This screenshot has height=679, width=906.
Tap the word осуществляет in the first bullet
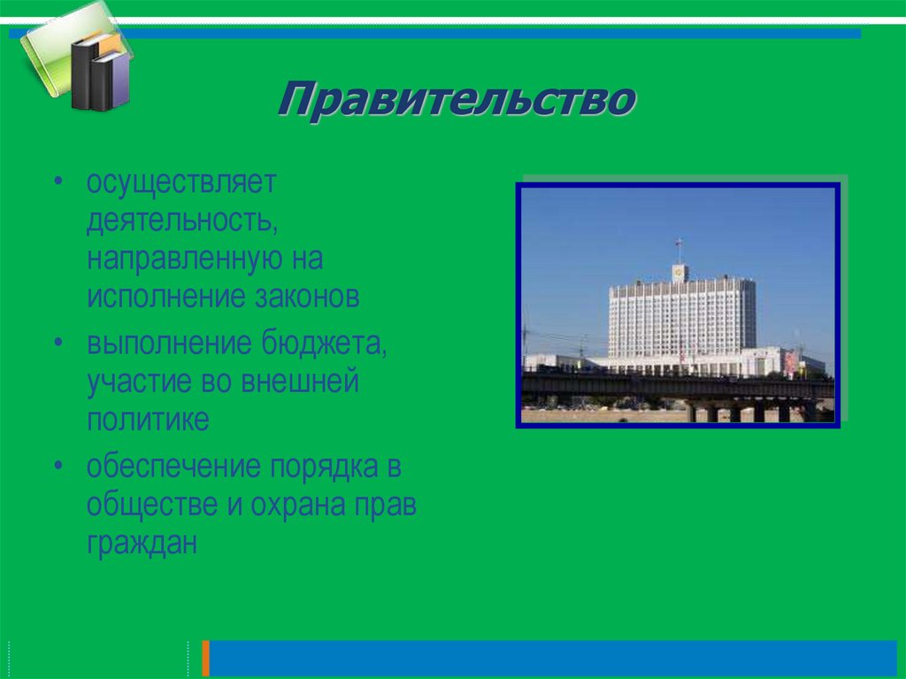click(x=181, y=184)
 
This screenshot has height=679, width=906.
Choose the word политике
click(x=148, y=420)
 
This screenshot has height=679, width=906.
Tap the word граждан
click(x=141, y=542)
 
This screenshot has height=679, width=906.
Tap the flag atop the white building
click(x=679, y=244)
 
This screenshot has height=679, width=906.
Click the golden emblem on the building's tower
click(x=679, y=272)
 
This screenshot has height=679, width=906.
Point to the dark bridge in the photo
click(x=677, y=387)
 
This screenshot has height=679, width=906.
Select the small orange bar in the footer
click(x=206, y=658)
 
